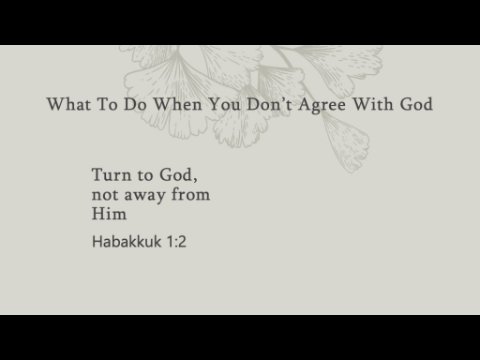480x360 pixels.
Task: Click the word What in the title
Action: click(x=69, y=104)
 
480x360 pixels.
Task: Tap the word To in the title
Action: click(x=107, y=104)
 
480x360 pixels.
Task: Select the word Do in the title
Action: click(x=135, y=104)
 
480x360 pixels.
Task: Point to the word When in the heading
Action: click(x=178, y=104)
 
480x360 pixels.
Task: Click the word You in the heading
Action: click(x=224, y=104)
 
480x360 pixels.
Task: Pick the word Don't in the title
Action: click(x=269, y=104)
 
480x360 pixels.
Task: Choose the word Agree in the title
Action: click(x=322, y=105)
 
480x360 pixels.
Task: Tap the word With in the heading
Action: click(x=373, y=104)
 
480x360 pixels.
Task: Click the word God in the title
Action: click(x=416, y=104)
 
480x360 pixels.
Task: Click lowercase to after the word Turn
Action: click(x=145, y=176)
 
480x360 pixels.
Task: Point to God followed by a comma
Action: click(x=178, y=175)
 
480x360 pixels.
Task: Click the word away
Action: click(x=145, y=196)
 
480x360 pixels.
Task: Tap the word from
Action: click(x=190, y=194)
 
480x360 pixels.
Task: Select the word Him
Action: click(x=109, y=214)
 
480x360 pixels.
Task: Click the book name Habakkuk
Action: click(x=127, y=241)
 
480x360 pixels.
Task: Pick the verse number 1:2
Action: click(x=176, y=242)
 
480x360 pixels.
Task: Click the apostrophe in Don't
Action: click(x=283, y=100)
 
